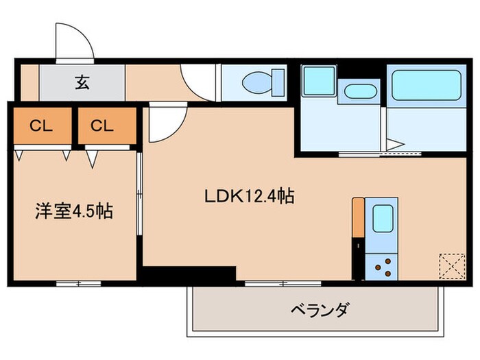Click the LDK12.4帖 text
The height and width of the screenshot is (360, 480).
point(250,197)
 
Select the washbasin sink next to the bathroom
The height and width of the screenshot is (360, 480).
point(358,92)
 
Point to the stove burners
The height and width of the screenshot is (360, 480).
point(382,264)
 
